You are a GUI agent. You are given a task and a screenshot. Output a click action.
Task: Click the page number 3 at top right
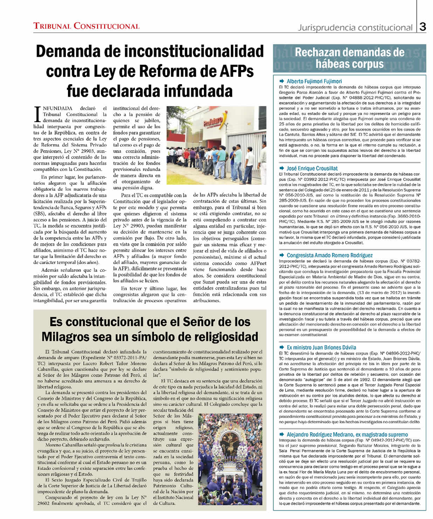[422, 27]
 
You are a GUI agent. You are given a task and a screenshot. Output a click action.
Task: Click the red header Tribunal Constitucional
[86, 26]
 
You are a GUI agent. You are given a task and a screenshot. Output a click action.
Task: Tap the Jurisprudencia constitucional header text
[355, 28]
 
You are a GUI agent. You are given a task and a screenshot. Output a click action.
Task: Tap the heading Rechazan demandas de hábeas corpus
[349, 58]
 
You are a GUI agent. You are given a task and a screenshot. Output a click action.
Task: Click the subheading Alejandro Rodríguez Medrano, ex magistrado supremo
[347, 434]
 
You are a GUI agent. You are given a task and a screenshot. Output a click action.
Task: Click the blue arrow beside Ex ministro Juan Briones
[282, 347]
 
